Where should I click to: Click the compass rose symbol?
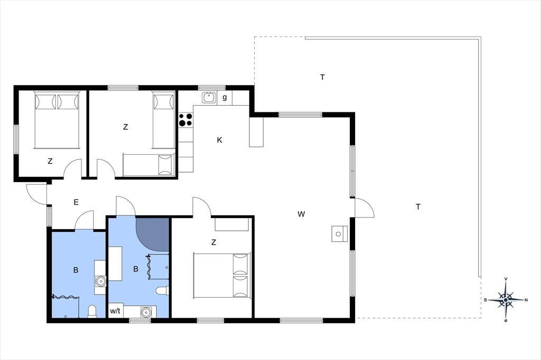point(506,300)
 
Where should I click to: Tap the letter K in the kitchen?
point(219,140)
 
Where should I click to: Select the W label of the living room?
point(301,214)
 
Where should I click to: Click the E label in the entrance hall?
point(76,202)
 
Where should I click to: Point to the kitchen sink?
point(209,98)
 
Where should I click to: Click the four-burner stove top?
point(185,120)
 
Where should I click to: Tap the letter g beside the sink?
point(225,97)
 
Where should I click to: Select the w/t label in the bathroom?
point(115,311)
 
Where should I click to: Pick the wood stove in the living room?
point(339,234)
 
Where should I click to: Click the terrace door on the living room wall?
point(364,207)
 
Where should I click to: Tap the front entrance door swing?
point(36,194)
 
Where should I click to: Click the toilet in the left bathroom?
point(92,311)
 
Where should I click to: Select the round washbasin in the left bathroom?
point(100,281)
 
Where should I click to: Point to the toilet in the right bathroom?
point(162,291)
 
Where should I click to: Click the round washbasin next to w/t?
point(147,312)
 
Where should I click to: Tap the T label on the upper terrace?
point(322,77)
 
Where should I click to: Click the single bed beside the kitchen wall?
point(164,120)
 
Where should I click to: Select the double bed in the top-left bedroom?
point(57,120)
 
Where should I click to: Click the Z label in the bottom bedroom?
point(213,242)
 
